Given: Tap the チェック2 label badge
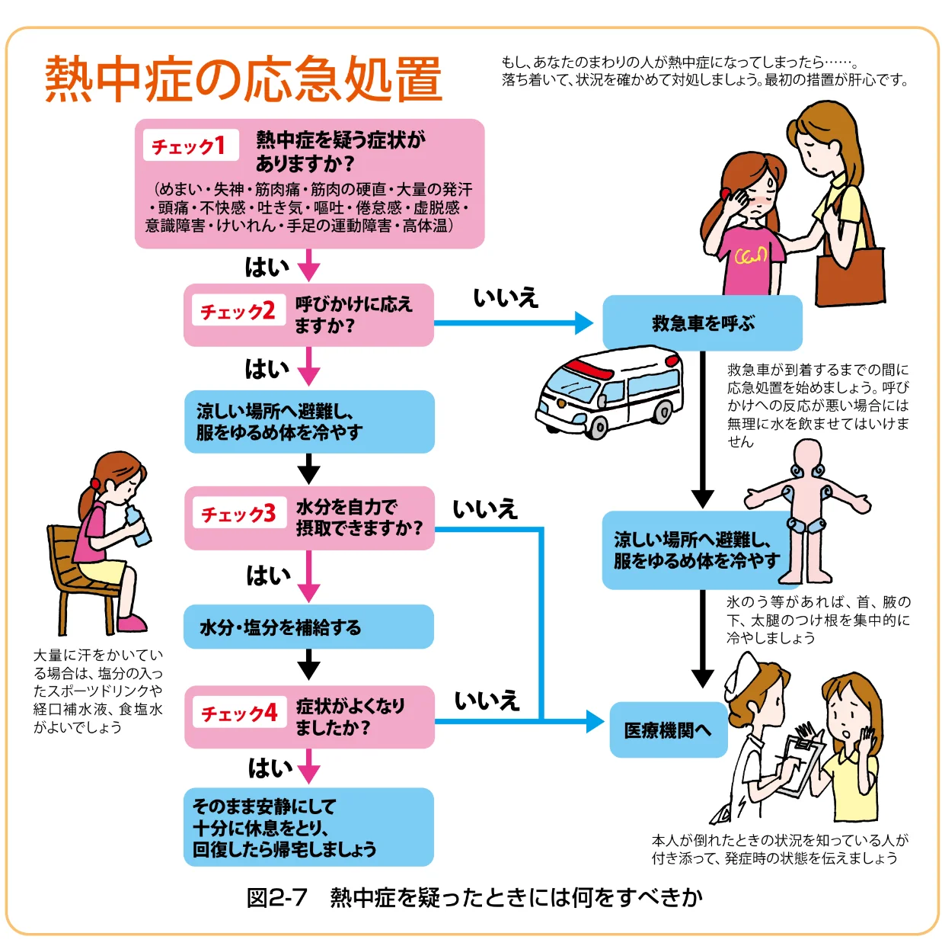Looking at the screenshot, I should point(237,311).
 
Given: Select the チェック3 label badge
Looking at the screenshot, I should point(238,514).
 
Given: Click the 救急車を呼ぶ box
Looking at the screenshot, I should point(702,323).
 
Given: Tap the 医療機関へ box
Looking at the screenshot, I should point(668,730).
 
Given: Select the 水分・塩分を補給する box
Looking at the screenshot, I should point(308,627).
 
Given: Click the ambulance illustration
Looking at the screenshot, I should point(609,393).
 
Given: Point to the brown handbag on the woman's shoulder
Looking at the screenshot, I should point(850,275).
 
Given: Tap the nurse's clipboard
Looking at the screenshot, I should point(800,763).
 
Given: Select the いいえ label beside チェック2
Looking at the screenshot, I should point(506,297).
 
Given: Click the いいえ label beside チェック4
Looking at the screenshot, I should point(487,701).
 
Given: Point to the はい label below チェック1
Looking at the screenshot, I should point(267,268).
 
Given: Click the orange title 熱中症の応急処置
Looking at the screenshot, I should point(244,79).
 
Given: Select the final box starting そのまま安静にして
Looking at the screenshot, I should point(308,827).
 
